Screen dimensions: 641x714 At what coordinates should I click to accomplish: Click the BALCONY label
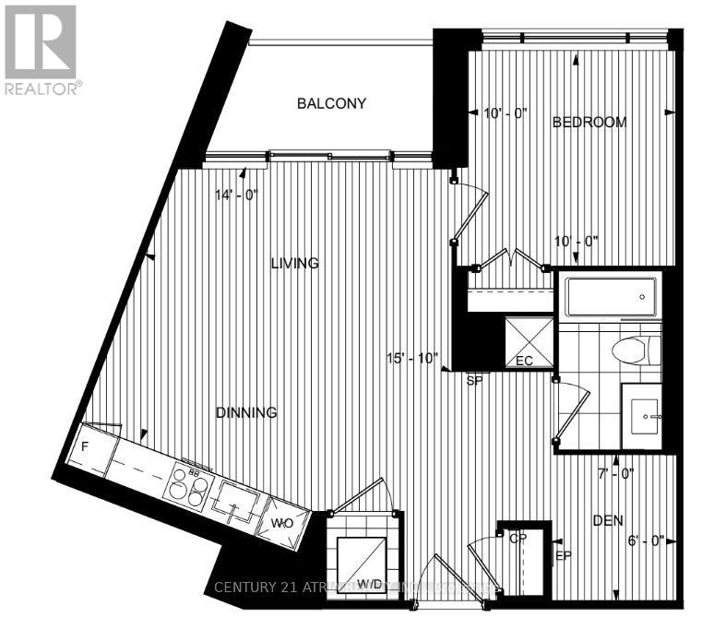[x=331, y=103]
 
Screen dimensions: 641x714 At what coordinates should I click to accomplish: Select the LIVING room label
[x=294, y=263]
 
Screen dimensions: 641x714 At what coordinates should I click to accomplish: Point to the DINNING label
[x=246, y=412]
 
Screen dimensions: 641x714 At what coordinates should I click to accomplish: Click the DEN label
[x=608, y=521]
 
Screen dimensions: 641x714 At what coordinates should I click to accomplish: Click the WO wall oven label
[x=281, y=523]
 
